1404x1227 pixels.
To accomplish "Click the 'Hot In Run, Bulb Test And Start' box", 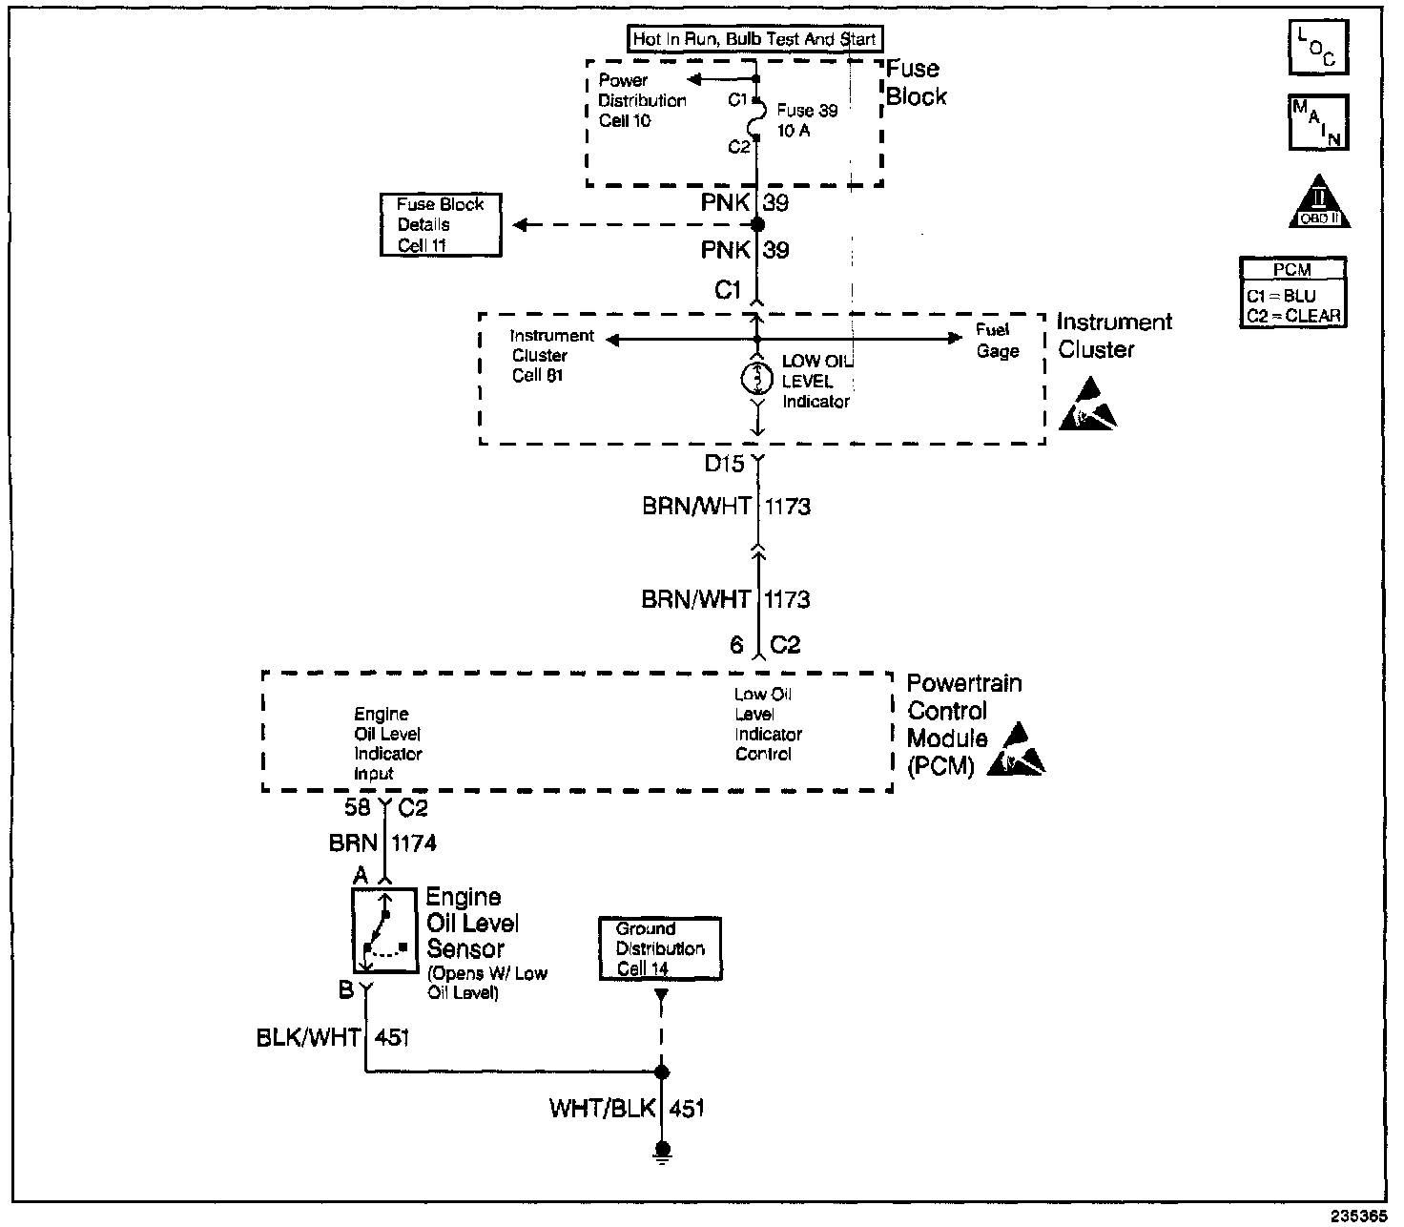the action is (754, 38).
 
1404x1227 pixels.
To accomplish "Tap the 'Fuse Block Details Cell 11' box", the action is (442, 225).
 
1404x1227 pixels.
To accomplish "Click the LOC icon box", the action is (1318, 47).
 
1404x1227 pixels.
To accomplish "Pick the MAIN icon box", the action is (1318, 122).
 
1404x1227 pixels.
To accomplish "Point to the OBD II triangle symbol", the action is (1319, 202).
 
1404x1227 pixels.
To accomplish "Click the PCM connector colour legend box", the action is (1292, 293).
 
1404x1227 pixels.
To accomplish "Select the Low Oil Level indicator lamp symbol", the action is (757, 379).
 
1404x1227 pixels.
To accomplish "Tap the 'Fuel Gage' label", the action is (997, 341).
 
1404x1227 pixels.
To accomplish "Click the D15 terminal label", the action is (724, 464).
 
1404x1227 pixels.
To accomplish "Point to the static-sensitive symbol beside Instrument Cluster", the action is (1087, 405).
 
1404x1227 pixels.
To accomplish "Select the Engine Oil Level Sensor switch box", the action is (385, 930).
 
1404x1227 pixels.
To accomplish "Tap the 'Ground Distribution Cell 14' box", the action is (660, 948).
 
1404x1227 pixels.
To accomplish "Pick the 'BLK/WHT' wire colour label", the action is (308, 1037).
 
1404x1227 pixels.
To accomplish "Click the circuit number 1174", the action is (414, 842).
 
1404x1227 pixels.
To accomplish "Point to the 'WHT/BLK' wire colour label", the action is (602, 1109).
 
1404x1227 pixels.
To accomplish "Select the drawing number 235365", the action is (1359, 1216).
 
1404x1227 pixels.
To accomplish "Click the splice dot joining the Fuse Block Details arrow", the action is (757, 224).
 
